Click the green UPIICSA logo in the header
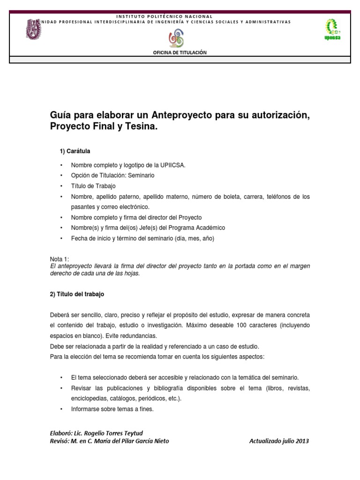point(332,30)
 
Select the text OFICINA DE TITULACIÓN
point(180,52)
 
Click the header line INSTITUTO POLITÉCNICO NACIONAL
point(180,16)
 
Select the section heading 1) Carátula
point(75,151)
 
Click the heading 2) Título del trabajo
point(77,294)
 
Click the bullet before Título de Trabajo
point(61,186)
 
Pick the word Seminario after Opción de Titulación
point(140,175)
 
